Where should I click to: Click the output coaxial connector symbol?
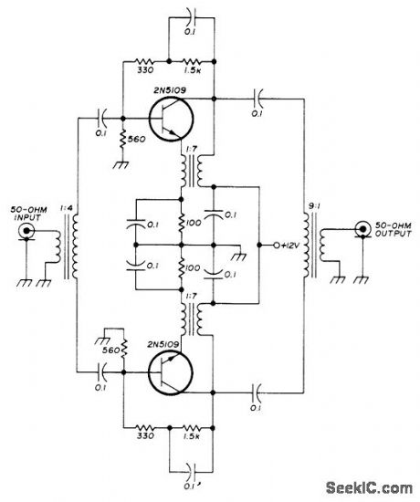[x=364, y=225]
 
